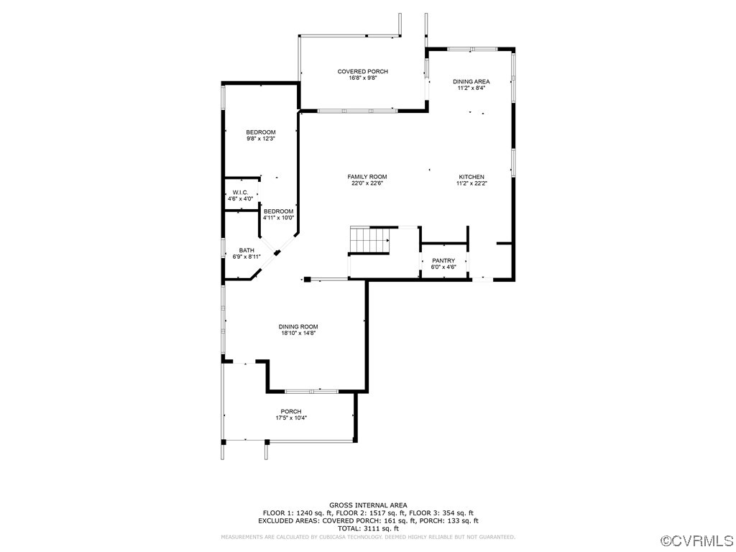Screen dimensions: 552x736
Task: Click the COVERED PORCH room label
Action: (x=362, y=71)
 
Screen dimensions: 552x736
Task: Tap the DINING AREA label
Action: (x=471, y=81)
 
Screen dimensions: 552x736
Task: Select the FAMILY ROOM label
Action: (x=367, y=177)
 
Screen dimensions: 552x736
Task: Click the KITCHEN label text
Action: (x=471, y=177)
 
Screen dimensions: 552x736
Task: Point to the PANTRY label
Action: (x=443, y=261)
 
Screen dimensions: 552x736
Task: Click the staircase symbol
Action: (x=369, y=240)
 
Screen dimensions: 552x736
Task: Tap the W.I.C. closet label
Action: (x=240, y=193)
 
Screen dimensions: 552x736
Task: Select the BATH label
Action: (x=247, y=250)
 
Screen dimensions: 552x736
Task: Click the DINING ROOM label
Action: (x=298, y=326)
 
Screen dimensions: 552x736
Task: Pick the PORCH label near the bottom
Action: (x=291, y=411)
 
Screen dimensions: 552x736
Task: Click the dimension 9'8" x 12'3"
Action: (x=261, y=139)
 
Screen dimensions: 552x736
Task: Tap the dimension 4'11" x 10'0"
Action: (x=278, y=218)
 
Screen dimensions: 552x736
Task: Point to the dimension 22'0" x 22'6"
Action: (x=367, y=183)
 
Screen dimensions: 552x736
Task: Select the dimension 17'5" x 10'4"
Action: (x=291, y=418)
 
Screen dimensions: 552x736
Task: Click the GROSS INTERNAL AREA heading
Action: (x=367, y=505)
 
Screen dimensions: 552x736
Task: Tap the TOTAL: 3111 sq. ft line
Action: (x=367, y=528)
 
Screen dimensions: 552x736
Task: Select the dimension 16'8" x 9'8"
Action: (x=362, y=78)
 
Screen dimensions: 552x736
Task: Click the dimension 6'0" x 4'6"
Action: (x=443, y=267)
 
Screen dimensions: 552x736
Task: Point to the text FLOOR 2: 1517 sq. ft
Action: (x=369, y=513)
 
